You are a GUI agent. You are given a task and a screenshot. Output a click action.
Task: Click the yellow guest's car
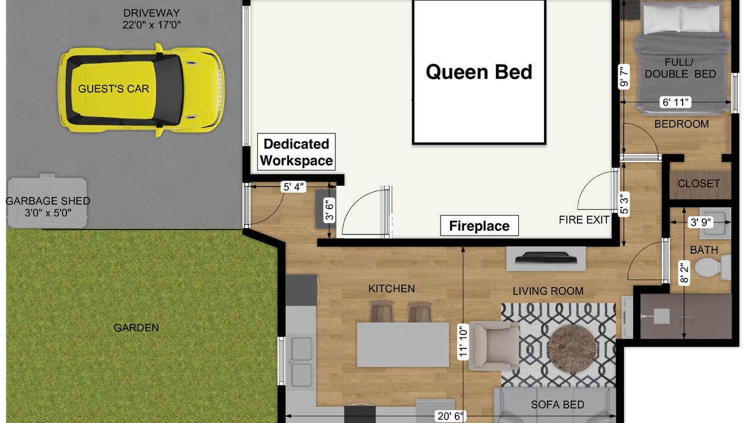tap(142, 90)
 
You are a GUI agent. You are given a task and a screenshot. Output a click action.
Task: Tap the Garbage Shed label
tap(48, 207)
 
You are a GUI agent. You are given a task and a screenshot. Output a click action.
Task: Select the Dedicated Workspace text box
tap(297, 152)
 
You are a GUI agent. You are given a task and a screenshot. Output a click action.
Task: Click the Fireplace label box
tap(479, 226)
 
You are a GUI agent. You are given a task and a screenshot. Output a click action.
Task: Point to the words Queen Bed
tap(479, 72)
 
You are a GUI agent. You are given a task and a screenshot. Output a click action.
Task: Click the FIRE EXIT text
tap(584, 220)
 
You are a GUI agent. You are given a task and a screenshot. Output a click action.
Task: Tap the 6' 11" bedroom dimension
tap(676, 102)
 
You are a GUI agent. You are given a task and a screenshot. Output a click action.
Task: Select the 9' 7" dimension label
tap(624, 77)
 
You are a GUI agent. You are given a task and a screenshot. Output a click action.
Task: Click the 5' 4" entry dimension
tap(294, 187)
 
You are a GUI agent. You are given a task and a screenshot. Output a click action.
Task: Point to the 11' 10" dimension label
tap(463, 342)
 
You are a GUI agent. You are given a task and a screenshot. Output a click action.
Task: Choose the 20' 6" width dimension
tap(450, 417)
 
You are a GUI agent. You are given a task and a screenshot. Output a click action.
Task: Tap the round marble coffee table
tap(572, 349)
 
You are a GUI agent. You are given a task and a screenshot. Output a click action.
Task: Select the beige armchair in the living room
tap(494, 346)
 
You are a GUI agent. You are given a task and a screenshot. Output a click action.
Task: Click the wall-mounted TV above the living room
tap(546, 257)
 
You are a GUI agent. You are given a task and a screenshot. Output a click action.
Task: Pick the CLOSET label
tap(699, 184)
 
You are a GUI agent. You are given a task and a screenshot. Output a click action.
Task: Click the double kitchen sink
tap(301, 362)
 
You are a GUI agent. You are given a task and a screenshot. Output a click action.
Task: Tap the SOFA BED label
tap(558, 405)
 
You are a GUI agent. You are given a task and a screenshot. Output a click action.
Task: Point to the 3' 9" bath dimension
tap(701, 222)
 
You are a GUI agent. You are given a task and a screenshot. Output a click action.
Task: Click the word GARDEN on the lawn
tap(136, 328)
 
